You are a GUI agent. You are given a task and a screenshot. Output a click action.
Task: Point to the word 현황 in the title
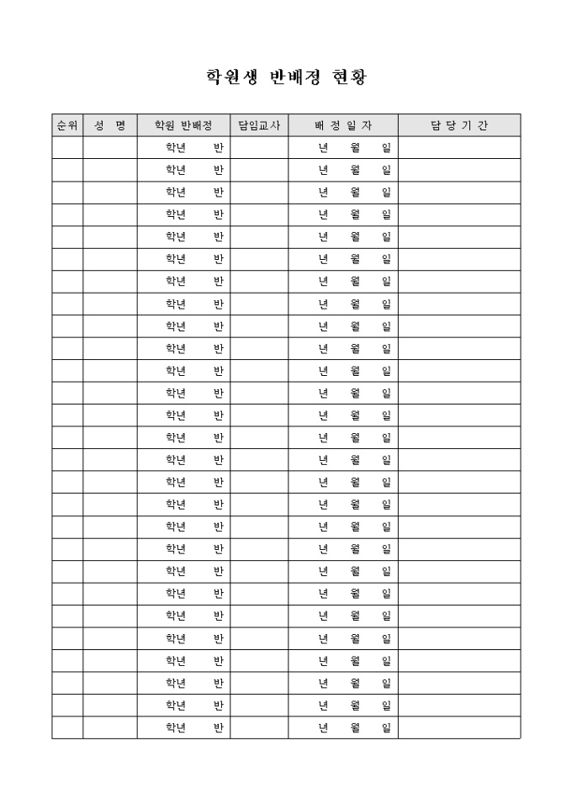click(347, 77)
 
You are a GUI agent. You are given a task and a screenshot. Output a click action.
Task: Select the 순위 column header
click(67, 125)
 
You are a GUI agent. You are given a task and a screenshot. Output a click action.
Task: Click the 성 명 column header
click(110, 125)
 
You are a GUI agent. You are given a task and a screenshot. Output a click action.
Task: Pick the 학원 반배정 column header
click(183, 125)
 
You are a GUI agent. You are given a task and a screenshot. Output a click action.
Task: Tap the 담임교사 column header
click(259, 125)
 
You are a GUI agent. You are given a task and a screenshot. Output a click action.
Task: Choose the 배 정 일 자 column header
click(343, 125)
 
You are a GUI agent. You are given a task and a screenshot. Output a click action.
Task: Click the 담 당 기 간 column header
click(459, 125)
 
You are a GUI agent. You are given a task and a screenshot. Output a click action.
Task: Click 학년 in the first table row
click(176, 148)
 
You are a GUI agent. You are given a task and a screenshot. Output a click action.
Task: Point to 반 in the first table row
click(219, 148)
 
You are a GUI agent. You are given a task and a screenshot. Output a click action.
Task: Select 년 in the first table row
click(322, 148)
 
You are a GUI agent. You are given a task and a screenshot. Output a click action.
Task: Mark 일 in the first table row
click(386, 148)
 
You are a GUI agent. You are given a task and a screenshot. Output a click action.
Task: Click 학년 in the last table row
click(176, 727)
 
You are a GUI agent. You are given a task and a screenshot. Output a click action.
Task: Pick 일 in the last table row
click(386, 727)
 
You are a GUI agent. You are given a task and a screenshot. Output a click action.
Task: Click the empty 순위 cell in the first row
click(67, 148)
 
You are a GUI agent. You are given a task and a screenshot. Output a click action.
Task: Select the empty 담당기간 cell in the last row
click(459, 727)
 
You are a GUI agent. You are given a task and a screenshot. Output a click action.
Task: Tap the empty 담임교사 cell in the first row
click(259, 148)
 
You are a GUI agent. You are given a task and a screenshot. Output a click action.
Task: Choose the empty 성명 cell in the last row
click(110, 727)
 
